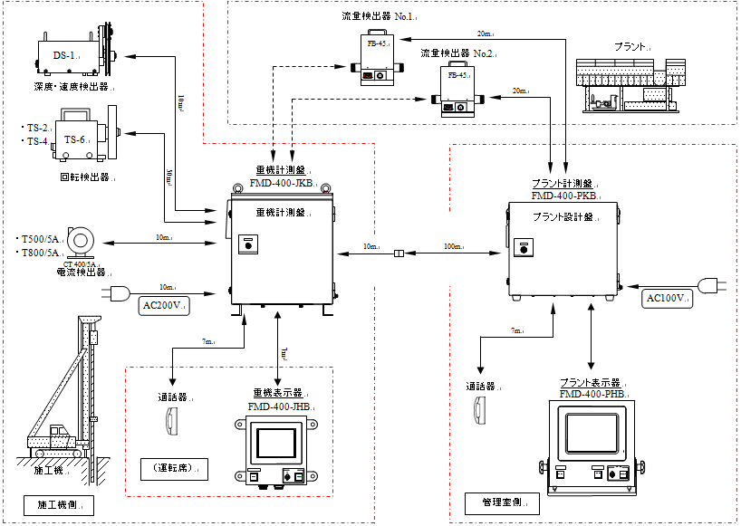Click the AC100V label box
pyautogui.click(x=668, y=298)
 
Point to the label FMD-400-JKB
pyautogui.click(x=281, y=184)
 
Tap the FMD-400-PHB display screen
pyautogui.click(x=592, y=433)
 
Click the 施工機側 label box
pyautogui.click(x=59, y=503)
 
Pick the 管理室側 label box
pyautogui.click(x=501, y=502)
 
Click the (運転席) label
pyautogui.click(x=174, y=468)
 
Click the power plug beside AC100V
pyautogui.click(x=713, y=286)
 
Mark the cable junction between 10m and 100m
pyautogui.click(x=398, y=254)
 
